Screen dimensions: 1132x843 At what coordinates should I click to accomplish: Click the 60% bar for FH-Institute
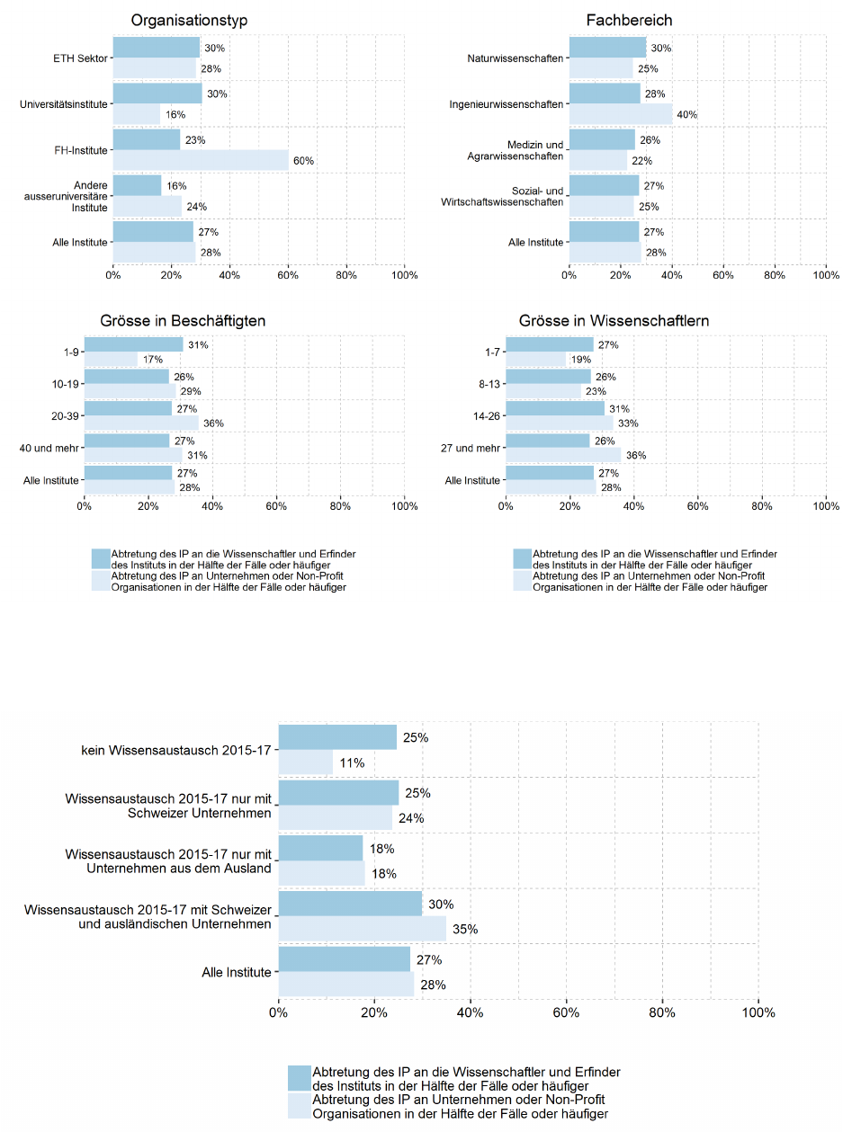tap(201, 160)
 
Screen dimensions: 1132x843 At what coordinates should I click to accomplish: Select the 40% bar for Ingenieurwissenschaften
tap(621, 113)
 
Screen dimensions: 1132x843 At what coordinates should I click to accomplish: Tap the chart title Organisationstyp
tap(189, 20)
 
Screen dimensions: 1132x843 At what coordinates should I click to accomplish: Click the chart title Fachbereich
tap(629, 20)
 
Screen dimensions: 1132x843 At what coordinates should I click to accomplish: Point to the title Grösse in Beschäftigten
tap(183, 321)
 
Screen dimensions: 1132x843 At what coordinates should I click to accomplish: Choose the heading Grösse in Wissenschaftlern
tap(601, 321)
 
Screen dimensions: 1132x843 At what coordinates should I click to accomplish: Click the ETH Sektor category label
tap(80, 58)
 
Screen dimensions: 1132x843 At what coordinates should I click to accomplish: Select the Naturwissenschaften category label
tap(516, 58)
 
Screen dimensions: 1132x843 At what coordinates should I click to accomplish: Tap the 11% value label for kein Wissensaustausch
tap(352, 763)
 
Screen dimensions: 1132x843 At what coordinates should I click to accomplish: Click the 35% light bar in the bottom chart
tap(362, 928)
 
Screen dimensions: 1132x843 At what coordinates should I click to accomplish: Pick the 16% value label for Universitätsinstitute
tap(175, 114)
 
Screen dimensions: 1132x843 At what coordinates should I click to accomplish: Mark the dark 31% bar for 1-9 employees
tap(133, 344)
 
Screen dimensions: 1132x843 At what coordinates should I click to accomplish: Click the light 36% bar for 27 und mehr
tap(563, 455)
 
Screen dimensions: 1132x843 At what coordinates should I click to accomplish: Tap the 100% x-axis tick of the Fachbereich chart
tap(826, 274)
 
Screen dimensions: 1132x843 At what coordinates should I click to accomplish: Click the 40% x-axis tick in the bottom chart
tap(471, 1012)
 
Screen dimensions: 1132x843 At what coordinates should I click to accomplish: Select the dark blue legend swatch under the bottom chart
tap(299, 1079)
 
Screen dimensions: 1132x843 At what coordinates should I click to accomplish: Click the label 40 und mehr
tap(53, 448)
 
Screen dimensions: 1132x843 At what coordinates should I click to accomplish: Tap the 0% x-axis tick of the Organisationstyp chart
tap(113, 274)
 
